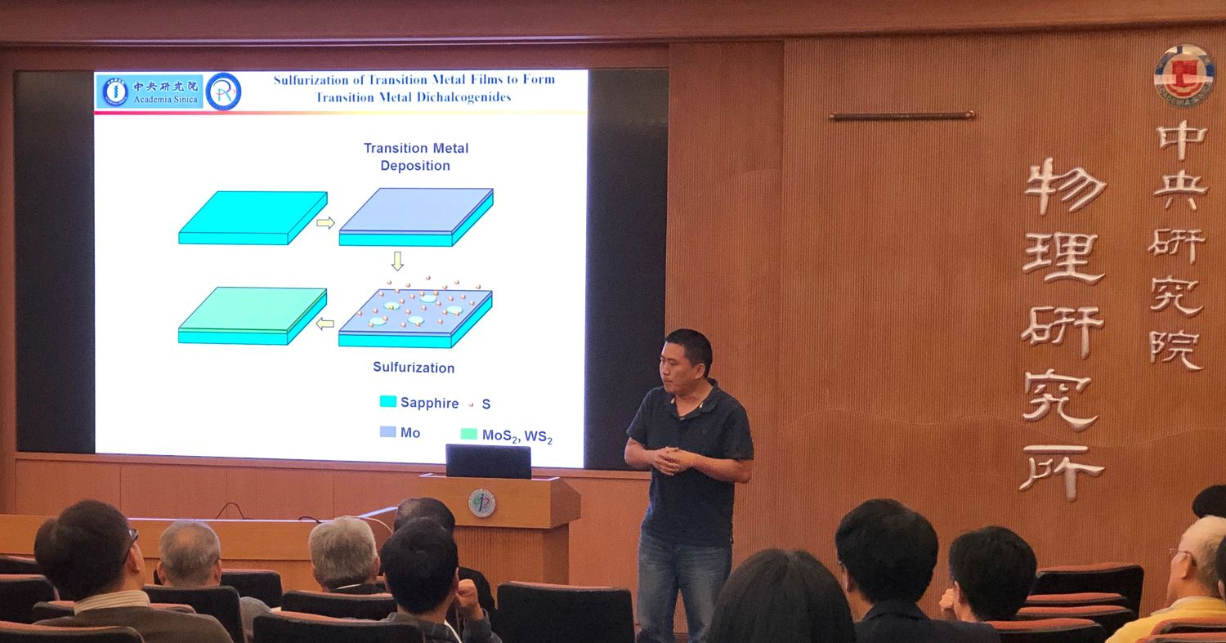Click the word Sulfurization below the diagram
414,367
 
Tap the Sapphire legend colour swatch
388,402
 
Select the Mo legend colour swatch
388,431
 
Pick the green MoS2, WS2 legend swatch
469,434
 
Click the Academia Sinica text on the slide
165,100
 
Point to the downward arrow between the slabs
398,261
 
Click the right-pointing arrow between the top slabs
325,223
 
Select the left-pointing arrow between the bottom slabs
325,324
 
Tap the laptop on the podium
488,462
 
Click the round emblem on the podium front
482,503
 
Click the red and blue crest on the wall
1185,76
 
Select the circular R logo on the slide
223,92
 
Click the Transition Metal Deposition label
416,157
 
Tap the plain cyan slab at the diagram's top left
253,218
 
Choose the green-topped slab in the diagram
253,315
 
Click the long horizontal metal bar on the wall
902,116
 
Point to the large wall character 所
1061,471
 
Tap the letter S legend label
486,404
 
